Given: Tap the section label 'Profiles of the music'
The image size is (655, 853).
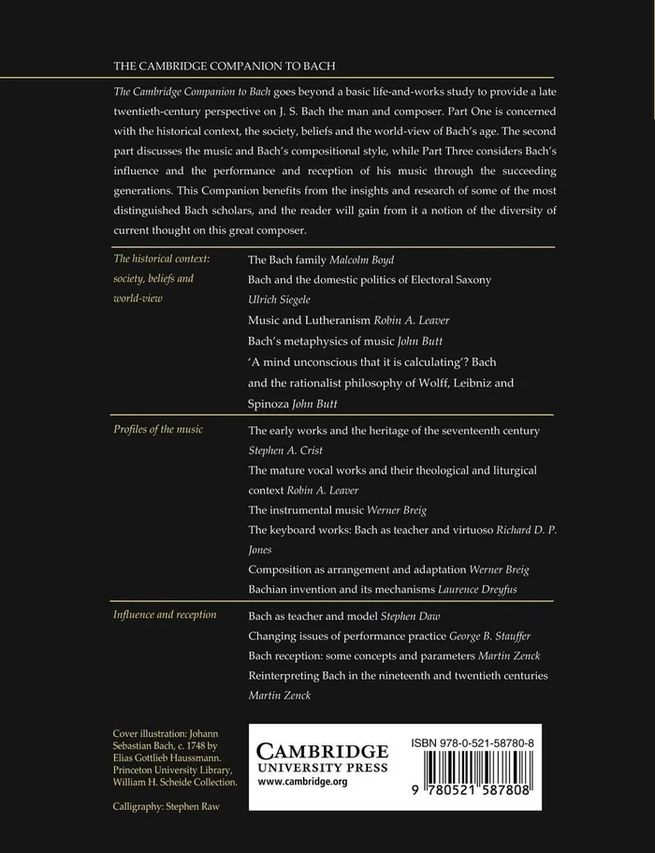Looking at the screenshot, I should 158,429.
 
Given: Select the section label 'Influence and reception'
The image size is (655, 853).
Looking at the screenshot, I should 165,614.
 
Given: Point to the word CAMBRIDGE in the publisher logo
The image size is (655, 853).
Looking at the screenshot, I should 321,751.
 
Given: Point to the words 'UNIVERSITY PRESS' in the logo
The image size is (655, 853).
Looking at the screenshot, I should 321,768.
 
